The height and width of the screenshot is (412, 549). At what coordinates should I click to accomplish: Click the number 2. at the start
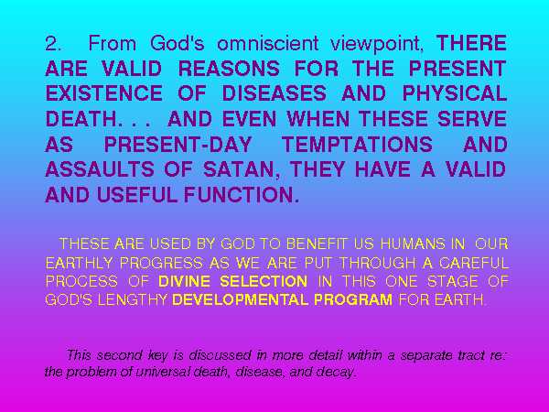point(53,43)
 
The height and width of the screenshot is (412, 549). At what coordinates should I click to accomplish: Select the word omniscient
point(268,43)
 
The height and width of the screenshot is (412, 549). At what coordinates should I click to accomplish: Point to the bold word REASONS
point(229,69)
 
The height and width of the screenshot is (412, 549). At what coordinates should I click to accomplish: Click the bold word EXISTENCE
point(104,93)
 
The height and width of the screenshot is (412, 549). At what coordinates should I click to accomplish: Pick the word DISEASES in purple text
point(274,93)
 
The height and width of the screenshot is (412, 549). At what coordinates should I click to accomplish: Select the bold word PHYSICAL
point(455,93)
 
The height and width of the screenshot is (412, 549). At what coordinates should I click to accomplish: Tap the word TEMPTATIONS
point(357,145)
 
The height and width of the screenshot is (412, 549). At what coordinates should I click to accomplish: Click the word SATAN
point(238,169)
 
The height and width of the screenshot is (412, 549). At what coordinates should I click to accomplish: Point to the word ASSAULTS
point(100,169)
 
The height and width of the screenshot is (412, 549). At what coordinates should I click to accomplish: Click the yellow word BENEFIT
point(317,244)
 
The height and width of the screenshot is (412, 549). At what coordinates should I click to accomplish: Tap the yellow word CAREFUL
point(474,263)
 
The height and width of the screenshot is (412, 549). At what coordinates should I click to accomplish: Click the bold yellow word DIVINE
point(184,282)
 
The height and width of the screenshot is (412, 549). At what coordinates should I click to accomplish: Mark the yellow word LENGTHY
point(133,300)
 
